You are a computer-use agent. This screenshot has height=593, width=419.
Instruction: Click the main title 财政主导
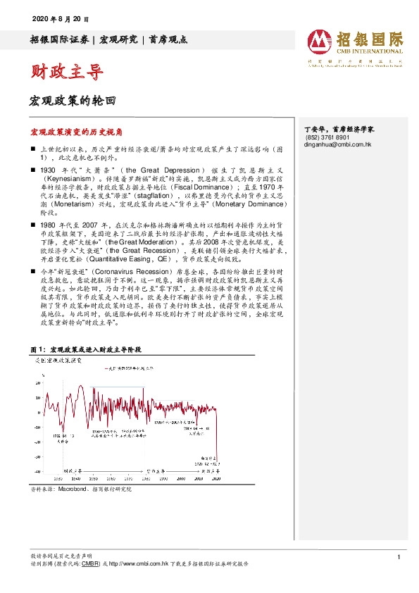(x=67, y=71)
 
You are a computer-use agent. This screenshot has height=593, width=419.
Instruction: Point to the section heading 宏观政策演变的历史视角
(x=76, y=132)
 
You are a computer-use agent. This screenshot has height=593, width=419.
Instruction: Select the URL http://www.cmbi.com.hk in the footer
(x=150, y=564)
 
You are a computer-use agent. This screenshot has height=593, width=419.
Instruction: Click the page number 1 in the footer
(x=399, y=558)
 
